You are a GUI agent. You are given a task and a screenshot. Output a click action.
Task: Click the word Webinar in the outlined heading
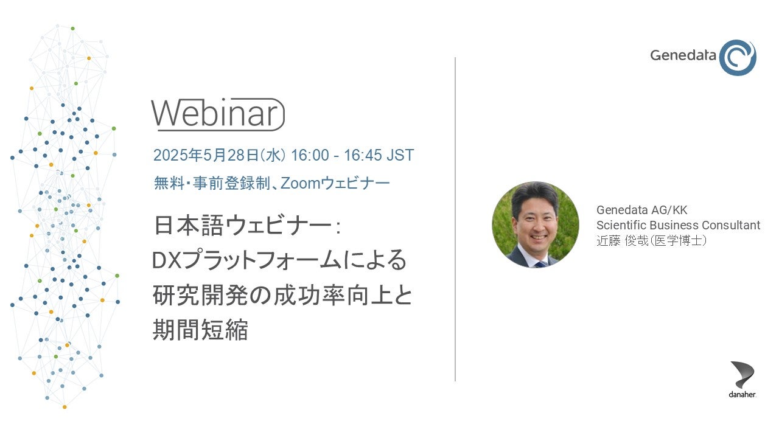coord(215,113)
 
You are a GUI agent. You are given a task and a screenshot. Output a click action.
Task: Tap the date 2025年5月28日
coord(206,155)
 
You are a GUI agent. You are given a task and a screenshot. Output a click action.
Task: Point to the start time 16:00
coord(310,155)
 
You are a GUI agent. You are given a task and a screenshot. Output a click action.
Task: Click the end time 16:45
coord(363,155)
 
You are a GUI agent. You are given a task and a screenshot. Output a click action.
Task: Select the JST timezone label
coord(400,155)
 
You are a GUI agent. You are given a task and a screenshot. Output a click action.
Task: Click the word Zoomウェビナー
coord(335,183)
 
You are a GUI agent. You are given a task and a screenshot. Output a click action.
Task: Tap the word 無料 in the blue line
coord(169,183)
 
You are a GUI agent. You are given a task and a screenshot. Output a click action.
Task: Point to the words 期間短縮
coord(200,329)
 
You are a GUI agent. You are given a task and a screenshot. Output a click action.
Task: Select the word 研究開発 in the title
coord(201,295)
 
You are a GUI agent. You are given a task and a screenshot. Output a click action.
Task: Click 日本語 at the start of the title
coord(189,226)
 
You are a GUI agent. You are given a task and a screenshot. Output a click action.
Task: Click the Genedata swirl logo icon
coord(737,57)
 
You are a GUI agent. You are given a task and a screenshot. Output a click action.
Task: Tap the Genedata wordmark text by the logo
coord(683,55)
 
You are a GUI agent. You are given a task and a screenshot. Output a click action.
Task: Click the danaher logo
coord(742,379)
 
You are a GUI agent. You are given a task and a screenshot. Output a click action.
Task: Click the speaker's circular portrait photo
coord(535,224)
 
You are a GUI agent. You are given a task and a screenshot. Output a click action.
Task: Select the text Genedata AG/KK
coord(641,210)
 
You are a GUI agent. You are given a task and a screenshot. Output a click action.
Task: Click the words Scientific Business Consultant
coord(678,225)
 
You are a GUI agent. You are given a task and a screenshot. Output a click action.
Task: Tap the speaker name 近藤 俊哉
coord(622,240)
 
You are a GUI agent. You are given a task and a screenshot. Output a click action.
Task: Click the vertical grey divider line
coord(455,220)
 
